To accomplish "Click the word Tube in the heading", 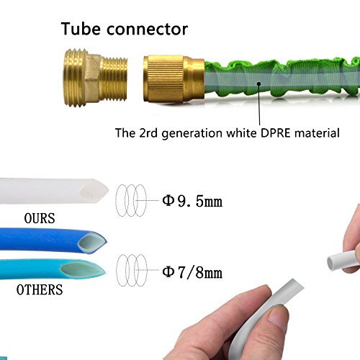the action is click(x=81, y=29).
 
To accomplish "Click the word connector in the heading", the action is click(x=147, y=30).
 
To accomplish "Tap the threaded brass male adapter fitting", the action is click(x=95, y=78).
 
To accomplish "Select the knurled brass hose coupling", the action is click(x=174, y=78).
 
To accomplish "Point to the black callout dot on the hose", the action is click(x=258, y=84).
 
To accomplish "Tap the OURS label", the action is click(x=40, y=218).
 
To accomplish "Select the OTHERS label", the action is click(x=40, y=289).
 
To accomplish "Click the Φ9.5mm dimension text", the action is click(x=192, y=201).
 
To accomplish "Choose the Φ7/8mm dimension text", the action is click(x=192, y=272).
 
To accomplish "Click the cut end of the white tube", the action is click(x=94, y=191).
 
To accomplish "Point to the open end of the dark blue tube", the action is click(x=93, y=243).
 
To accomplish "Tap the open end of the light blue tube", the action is click(x=83, y=270).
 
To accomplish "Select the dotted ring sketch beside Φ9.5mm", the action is click(x=131, y=200).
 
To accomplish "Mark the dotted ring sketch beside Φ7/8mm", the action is click(x=132, y=270).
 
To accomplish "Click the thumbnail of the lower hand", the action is click(x=279, y=316).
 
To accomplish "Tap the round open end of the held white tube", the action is click(x=333, y=263).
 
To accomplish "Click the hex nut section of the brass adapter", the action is click(x=92, y=78).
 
